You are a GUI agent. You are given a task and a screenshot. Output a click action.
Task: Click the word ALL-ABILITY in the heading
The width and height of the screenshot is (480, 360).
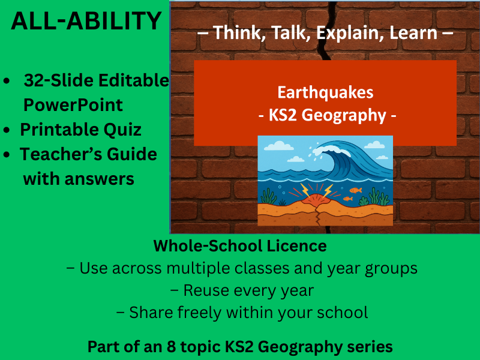click(86, 22)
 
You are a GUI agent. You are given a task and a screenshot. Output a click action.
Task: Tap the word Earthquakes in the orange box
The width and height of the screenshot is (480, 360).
click(325, 92)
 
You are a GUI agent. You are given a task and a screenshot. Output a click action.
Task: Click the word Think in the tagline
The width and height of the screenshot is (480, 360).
click(232, 33)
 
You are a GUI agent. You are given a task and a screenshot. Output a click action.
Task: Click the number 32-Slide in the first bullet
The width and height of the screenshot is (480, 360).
click(53, 80)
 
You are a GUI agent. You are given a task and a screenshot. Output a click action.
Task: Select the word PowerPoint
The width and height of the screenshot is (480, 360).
click(73, 105)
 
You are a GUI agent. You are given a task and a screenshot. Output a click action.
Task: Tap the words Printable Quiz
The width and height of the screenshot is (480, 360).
click(81, 129)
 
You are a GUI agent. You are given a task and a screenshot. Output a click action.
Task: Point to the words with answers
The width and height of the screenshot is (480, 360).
click(79, 178)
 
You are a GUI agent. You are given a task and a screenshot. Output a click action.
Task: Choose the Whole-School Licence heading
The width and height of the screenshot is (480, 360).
click(240, 246)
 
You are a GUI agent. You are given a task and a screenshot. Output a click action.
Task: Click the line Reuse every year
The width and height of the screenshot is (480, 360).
click(242, 290)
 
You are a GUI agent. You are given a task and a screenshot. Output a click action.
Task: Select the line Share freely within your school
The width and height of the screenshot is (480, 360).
click(248, 313)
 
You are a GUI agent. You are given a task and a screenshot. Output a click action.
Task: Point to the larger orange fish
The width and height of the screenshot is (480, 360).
click(356, 190)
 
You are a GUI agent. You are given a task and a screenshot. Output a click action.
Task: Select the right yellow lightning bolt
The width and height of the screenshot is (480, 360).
click(328, 190)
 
